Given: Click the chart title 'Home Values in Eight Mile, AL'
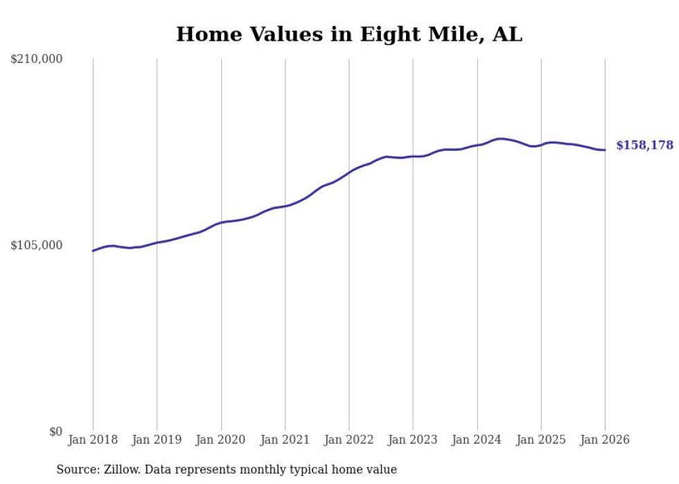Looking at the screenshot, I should click(x=349, y=34).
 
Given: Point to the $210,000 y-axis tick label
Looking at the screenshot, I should click(x=37, y=59).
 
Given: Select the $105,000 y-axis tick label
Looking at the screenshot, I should click(x=37, y=245).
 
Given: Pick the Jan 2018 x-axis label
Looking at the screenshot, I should click(x=93, y=440).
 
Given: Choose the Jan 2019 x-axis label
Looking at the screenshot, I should click(x=157, y=440).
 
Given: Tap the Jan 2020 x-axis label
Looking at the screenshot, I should click(x=221, y=440).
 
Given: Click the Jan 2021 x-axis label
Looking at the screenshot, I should click(x=285, y=440).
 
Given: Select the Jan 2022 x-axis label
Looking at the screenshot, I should click(x=349, y=440).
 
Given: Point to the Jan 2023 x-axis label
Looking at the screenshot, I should click(x=413, y=440).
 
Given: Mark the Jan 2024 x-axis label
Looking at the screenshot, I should click(x=477, y=440).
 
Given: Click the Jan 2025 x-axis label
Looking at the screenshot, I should click(x=541, y=440).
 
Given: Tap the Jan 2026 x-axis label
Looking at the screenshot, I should click(x=605, y=440).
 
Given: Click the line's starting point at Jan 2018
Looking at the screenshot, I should click(x=93, y=251).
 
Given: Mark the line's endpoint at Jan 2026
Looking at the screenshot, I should click(x=605, y=150).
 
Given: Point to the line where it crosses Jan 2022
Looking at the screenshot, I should click(x=349, y=171).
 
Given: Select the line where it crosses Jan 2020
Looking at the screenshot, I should click(x=221, y=222).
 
